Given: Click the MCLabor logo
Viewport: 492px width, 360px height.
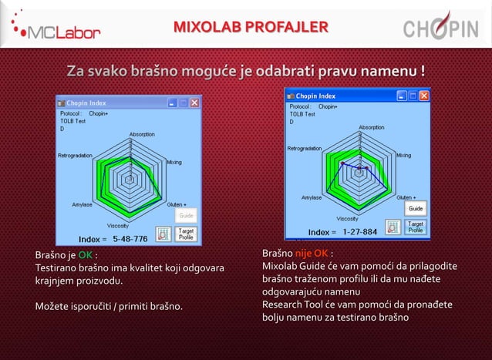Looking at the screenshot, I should point(59,29).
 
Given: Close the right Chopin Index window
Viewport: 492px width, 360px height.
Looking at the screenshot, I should point(423,96).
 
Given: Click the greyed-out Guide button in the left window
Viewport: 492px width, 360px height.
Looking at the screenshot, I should point(187,216).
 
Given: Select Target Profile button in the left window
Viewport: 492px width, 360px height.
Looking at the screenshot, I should point(186,233).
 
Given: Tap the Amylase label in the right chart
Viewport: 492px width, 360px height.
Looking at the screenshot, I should point(312,197).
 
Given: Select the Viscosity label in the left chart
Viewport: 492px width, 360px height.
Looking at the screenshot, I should point(118,225).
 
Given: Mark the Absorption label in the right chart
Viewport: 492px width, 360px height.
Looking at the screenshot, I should point(371,127).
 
